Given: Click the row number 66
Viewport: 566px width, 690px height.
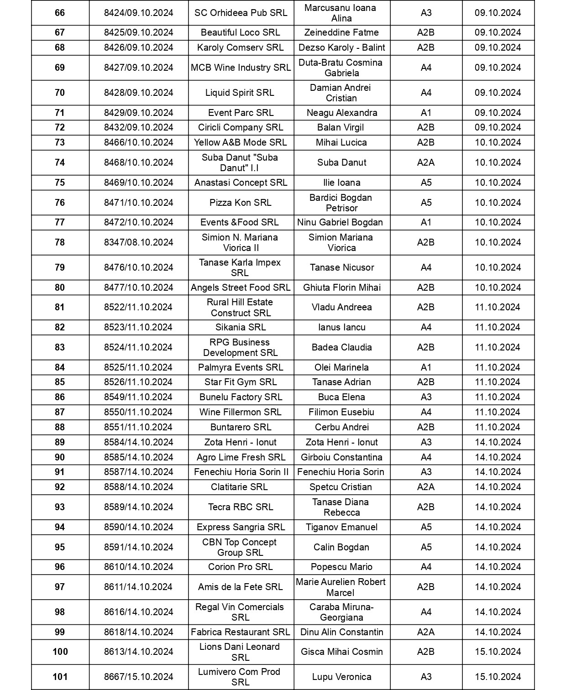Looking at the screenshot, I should (60, 13).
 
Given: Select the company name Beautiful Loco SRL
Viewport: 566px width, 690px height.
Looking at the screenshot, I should (241, 32).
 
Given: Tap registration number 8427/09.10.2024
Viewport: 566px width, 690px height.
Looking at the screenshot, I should (139, 68).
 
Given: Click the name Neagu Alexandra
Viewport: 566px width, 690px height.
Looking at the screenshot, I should (342, 113).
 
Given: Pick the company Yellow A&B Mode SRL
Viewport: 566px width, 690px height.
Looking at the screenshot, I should (241, 142).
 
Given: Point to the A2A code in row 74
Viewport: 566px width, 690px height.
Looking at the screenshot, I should (426, 162).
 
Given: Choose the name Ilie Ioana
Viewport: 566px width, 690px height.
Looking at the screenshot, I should (342, 183).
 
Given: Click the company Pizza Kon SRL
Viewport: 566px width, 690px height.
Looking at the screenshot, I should (241, 203).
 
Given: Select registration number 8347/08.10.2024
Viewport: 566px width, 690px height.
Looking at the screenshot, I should (139, 242).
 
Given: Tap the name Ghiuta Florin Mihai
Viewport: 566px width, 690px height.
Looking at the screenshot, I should (342, 287).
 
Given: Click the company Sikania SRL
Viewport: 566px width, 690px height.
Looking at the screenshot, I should (241, 327).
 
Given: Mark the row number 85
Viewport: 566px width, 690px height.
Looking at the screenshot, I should (60, 382).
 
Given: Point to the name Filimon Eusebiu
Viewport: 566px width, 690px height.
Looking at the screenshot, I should (342, 412).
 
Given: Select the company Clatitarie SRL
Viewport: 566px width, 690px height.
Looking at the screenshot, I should (240, 487).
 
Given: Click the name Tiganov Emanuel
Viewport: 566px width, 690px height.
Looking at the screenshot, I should (342, 527).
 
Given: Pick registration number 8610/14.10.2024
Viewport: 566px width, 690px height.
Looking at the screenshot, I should (139, 567).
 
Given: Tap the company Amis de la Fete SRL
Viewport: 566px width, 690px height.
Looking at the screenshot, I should (241, 587).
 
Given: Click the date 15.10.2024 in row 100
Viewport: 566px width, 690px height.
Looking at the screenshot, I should (498, 652).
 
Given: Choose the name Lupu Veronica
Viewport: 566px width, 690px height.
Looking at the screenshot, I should (342, 677).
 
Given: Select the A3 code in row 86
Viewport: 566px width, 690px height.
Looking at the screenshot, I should (426, 397).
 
